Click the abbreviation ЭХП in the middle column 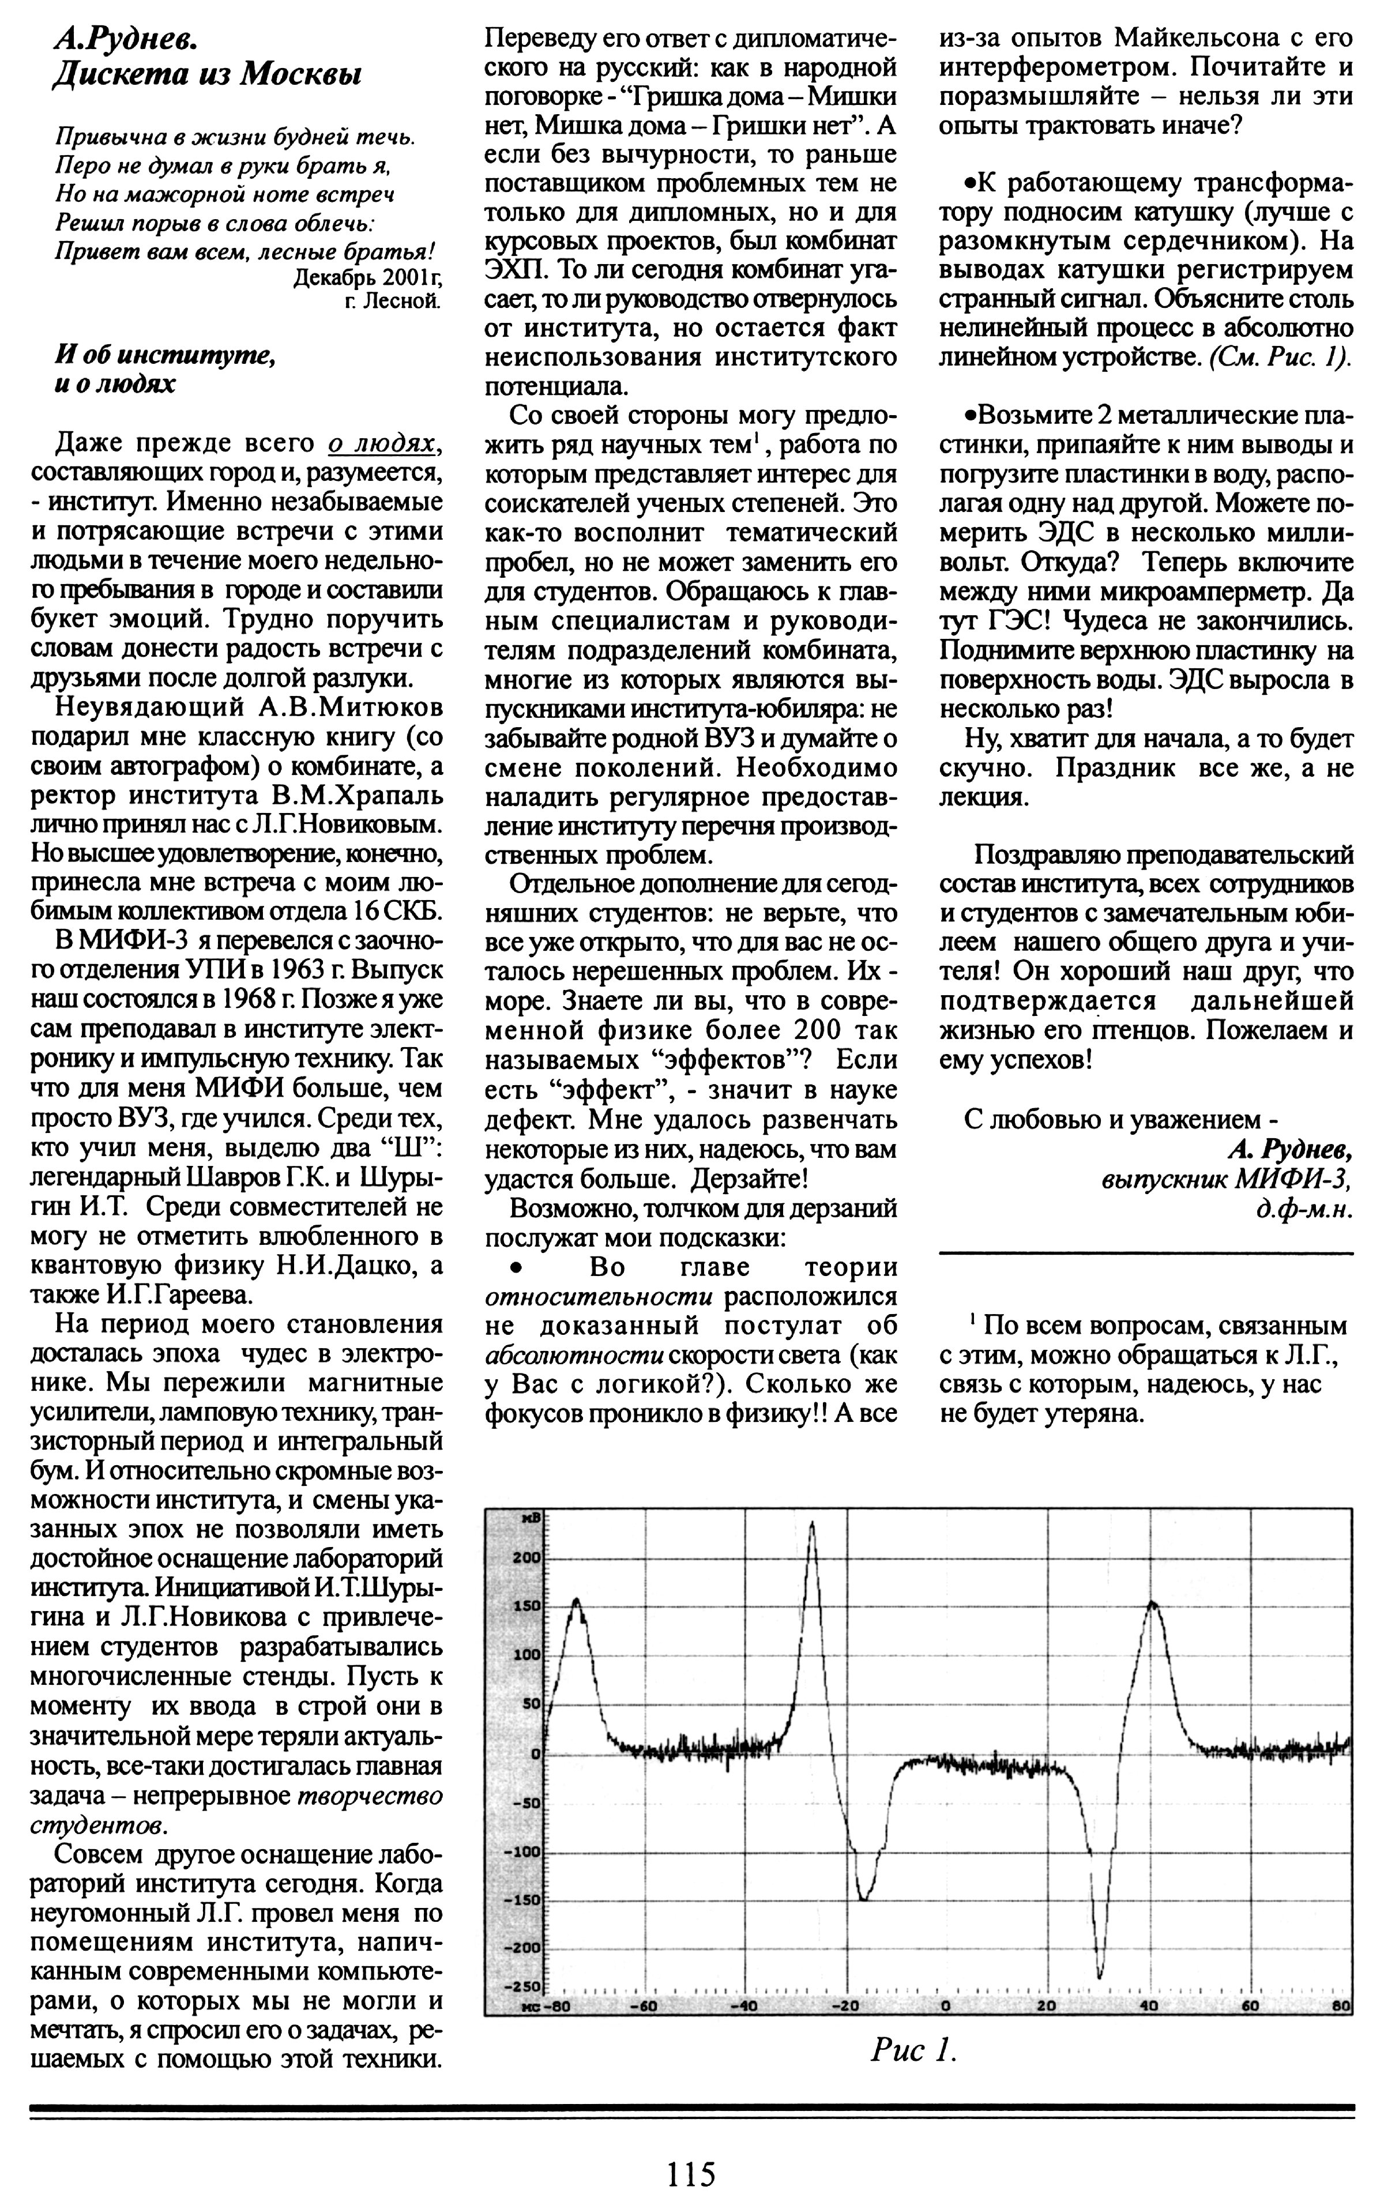515,271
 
